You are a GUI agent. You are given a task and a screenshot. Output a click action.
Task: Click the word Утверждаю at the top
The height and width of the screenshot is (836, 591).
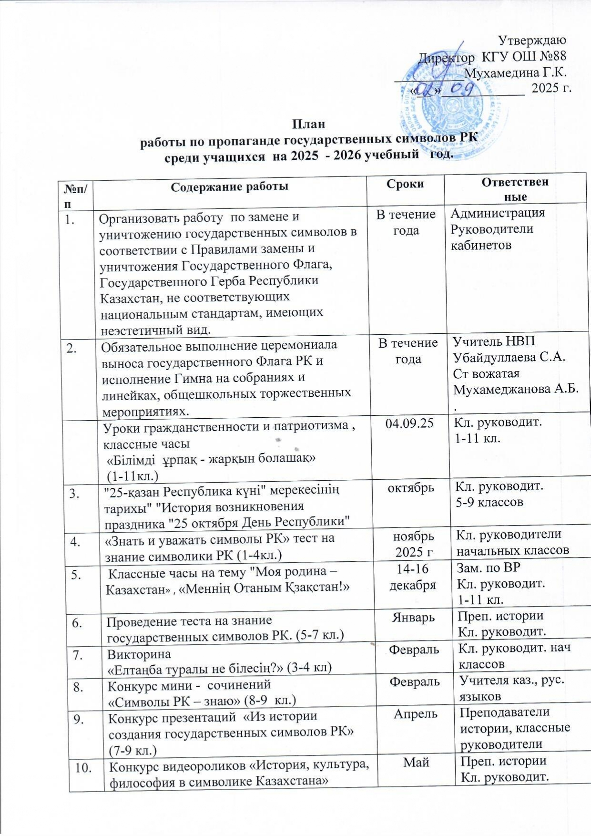[x=531, y=40]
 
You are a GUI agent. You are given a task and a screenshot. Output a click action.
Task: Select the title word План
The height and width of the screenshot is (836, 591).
[x=308, y=124]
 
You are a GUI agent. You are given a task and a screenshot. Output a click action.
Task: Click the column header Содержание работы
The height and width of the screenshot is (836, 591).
[x=229, y=186]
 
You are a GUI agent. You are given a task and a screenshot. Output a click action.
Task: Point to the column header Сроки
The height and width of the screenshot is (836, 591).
[x=406, y=184]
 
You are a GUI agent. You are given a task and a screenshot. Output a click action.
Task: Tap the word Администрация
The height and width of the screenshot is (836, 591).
[x=498, y=213]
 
